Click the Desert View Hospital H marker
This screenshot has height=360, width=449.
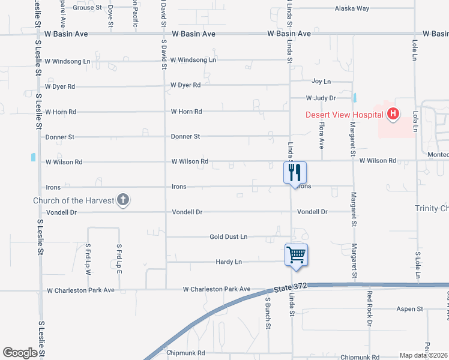coord(393,113)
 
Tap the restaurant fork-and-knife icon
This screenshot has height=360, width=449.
coord(295,172)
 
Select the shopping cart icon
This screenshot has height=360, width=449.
coord(296,254)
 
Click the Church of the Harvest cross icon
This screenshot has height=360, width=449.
coord(123,200)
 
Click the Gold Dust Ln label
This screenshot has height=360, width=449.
coord(228,237)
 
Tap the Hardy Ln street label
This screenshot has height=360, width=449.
coord(229,262)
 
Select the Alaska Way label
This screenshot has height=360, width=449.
coord(352,8)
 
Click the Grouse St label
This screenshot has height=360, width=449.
coord(88,8)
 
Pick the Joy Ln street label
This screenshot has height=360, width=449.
coord(321,82)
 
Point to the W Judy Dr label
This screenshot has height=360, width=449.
coord(320,98)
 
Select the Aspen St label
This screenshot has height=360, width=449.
coord(409,309)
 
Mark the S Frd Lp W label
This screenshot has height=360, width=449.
coord(88,259)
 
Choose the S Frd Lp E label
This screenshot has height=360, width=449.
coord(119,259)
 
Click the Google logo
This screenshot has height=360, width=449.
coord(20,353)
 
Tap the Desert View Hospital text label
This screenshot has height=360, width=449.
coord(344,115)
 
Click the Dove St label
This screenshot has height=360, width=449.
coord(111,16)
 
